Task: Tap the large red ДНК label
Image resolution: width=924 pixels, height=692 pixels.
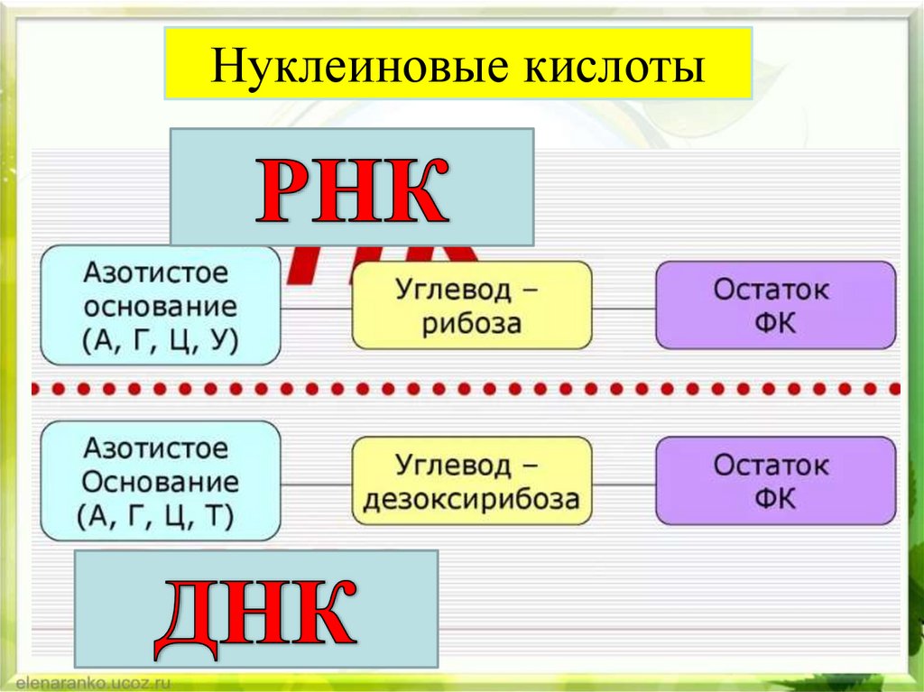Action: tap(254, 613)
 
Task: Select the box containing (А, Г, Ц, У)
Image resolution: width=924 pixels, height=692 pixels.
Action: tap(161, 305)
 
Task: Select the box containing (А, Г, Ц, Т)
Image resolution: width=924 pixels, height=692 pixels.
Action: tap(161, 481)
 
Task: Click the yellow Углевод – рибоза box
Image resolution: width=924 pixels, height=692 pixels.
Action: tap(472, 305)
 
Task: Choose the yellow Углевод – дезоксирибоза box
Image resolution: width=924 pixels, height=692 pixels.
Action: tap(472, 481)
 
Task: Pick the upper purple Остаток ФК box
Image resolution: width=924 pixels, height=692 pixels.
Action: tap(775, 305)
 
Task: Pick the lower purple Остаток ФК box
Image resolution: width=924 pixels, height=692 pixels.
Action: tap(775, 481)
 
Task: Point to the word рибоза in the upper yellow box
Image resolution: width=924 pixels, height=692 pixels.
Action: tap(472, 323)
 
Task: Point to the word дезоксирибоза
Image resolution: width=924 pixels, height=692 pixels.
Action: tap(472, 499)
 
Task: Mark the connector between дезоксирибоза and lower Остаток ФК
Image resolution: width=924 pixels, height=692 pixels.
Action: tap(624, 483)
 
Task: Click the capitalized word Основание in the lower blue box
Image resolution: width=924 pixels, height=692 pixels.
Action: tap(161, 482)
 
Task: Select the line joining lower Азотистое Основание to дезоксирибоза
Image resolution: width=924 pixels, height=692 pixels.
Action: tap(316, 483)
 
